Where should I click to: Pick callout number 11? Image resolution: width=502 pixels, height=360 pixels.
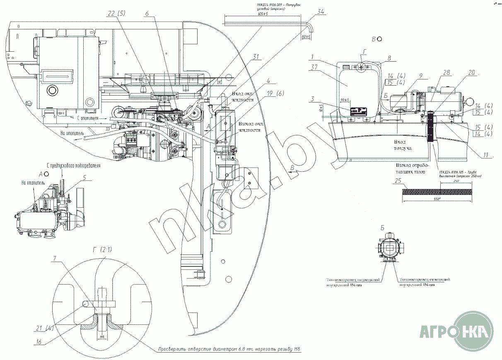pyautogui.click(x=486, y=155)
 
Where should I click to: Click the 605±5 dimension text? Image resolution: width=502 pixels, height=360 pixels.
pyautogui.click(x=262, y=14)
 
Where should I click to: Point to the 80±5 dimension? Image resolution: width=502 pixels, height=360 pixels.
pyautogui.click(x=306, y=37)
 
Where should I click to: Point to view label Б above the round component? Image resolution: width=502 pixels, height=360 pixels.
pyautogui.click(x=383, y=227)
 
